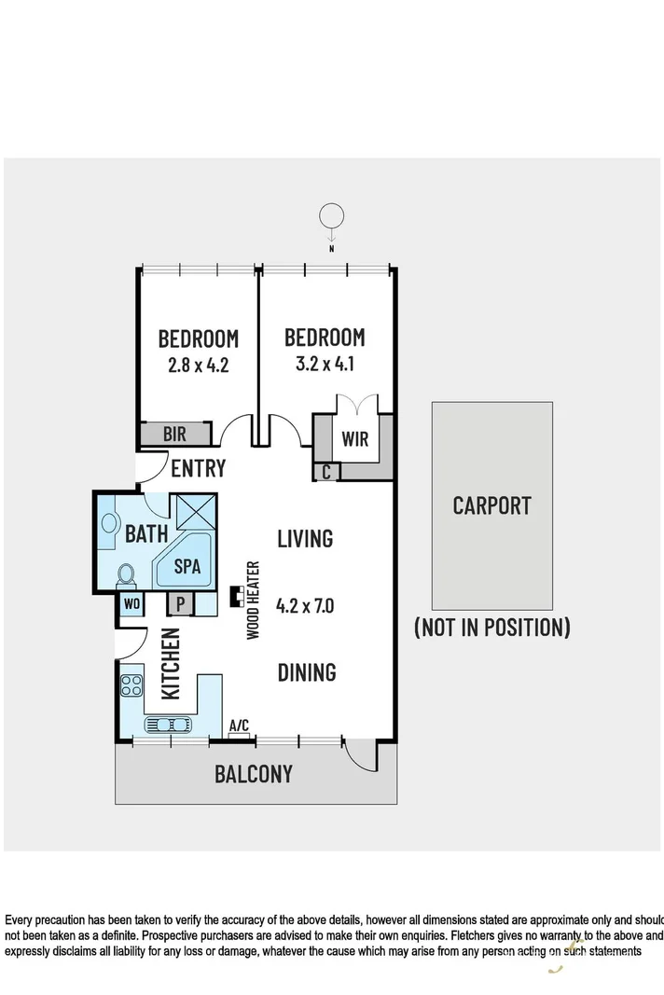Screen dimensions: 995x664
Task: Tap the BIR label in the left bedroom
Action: (174, 434)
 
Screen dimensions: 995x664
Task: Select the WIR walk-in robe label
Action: (355, 439)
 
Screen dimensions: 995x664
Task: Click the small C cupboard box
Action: (325, 472)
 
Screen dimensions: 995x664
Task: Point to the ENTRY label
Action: (199, 466)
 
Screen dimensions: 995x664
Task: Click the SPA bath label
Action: (187, 566)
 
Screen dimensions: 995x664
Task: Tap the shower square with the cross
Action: (195, 513)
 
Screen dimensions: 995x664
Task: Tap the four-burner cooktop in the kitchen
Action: (131, 686)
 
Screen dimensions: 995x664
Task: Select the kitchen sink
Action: (169, 724)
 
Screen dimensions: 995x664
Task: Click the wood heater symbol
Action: (237, 597)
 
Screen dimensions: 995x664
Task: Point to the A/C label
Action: (240, 725)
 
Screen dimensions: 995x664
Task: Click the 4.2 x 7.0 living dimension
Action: (305, 605)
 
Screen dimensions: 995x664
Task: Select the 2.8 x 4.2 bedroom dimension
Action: (198, 366)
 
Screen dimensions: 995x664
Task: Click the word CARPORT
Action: (491, 505)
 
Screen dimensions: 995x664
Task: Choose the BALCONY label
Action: (254, 773)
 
